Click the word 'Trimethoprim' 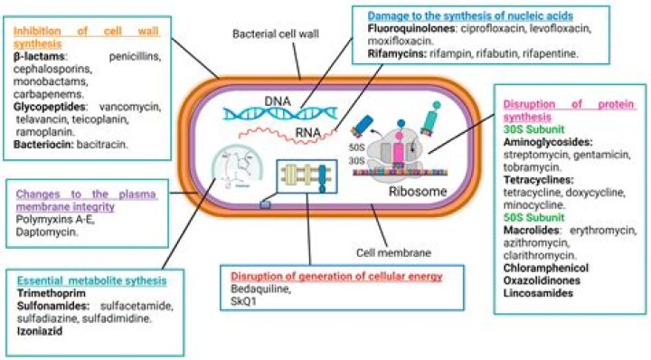48,293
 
